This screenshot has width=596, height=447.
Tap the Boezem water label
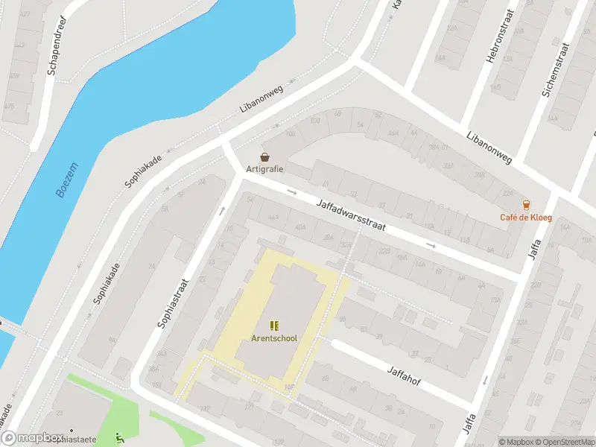(x=66, y=182)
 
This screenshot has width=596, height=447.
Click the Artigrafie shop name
(x=264, y=168)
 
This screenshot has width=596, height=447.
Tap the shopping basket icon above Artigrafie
(x=264, y=156)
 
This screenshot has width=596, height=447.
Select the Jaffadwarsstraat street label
(x=350, y=215)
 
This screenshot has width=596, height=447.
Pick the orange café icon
(x=527, y=205)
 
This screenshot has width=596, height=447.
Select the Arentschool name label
(x=273, y=338)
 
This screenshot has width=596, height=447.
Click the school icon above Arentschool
(x=273, y=325)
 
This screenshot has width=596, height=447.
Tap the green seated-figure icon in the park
(x=120, y=438)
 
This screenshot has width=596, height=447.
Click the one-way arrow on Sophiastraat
(x=221, y=211)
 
